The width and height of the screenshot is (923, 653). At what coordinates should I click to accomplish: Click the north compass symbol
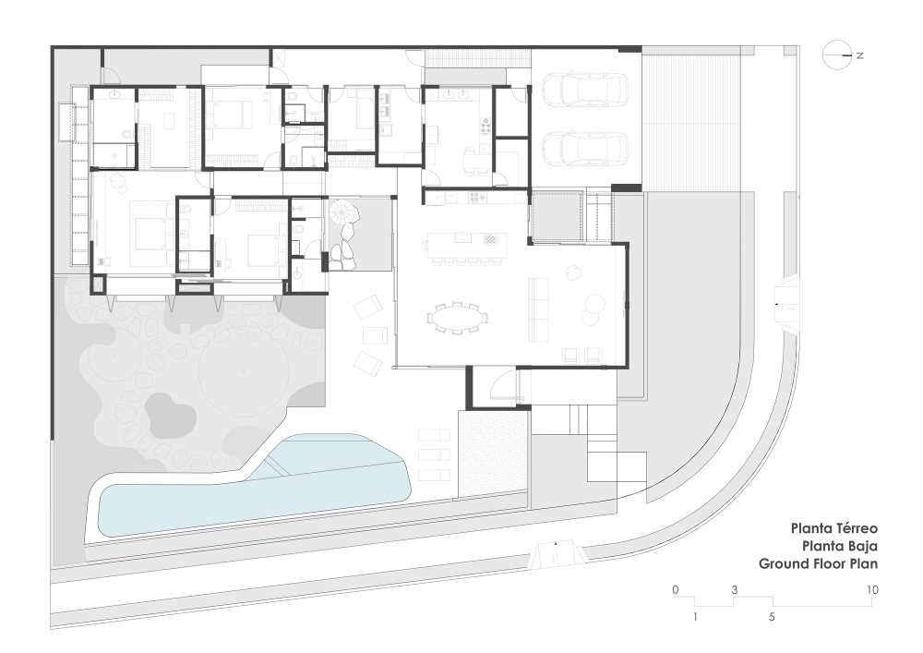coord(837,55)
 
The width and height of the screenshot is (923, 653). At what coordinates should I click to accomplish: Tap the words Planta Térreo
coord(833,528)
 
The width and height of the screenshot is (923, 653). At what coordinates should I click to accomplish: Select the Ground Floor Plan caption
coord(818,563)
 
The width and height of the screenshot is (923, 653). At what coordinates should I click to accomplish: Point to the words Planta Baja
coord(839,546)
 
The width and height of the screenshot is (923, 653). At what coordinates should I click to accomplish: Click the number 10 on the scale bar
coord(872,590)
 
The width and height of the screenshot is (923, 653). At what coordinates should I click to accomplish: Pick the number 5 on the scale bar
coord(772,617)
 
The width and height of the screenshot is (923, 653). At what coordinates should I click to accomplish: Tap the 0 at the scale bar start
coord(676,590)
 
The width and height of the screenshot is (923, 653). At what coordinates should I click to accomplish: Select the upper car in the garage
coord(584,91)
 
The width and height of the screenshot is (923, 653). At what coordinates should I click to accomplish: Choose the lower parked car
coord(584,149)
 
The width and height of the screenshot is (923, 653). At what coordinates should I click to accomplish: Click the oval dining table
coord(459,320)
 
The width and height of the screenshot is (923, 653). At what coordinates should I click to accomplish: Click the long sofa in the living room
coord(537,308)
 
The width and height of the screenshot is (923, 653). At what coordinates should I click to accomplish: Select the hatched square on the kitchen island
coord(490,239)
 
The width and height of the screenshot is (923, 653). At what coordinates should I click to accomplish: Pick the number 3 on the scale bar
coord(734,590)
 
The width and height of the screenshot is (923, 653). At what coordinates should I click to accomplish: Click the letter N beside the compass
coord(860,55)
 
